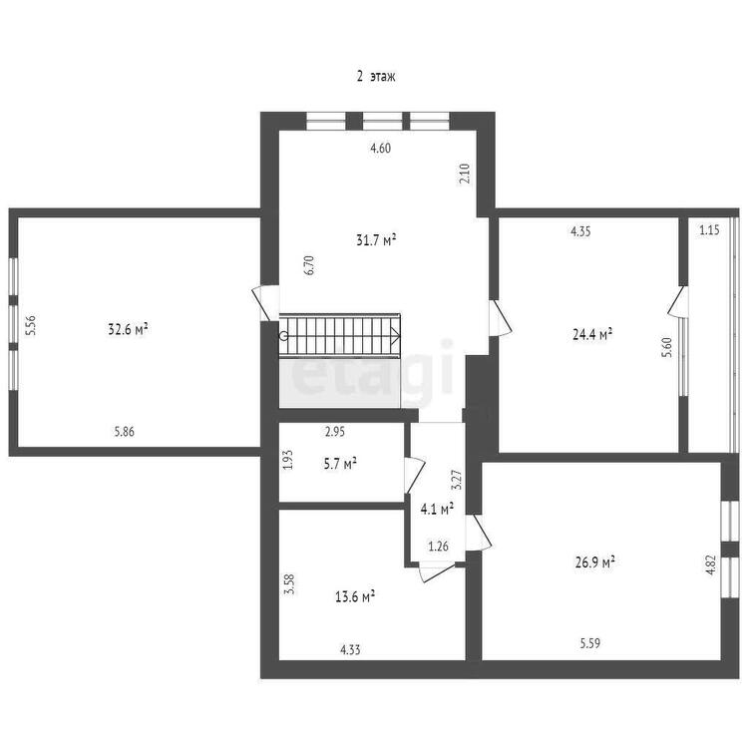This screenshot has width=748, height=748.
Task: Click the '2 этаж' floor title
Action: (x=376, y=77)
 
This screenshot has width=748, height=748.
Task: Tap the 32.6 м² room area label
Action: (x=128, y=329)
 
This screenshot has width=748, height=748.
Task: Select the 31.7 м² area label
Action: (x=376, y=239)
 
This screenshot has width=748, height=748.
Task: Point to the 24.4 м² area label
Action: (x=592, y=334)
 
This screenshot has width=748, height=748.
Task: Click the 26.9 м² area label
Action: (x=594, y=561)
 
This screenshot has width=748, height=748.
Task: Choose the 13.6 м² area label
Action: (x=355, y=596)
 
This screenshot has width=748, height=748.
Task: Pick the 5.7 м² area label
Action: (x=340, y=464)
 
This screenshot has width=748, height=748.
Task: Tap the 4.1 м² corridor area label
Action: (x=437, y=509)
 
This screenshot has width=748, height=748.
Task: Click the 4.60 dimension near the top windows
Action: (x=380, y=148)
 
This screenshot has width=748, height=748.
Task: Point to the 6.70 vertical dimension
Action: (x=309, y=265)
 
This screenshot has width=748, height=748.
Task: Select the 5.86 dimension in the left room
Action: (x=124, y=432)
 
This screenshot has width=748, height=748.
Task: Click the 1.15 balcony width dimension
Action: (x=709, y=230)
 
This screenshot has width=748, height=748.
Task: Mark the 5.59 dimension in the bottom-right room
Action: (x=590, y=643)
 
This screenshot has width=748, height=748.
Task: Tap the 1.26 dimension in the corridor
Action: (x=439, y=546)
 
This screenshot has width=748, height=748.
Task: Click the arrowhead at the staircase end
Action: (x=396, y=335)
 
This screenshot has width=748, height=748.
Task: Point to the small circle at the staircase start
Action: (x=284, y=335)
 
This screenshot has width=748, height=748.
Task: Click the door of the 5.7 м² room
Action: (x=414, y=475)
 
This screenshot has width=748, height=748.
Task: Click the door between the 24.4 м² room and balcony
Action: (x=677, y=300)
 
